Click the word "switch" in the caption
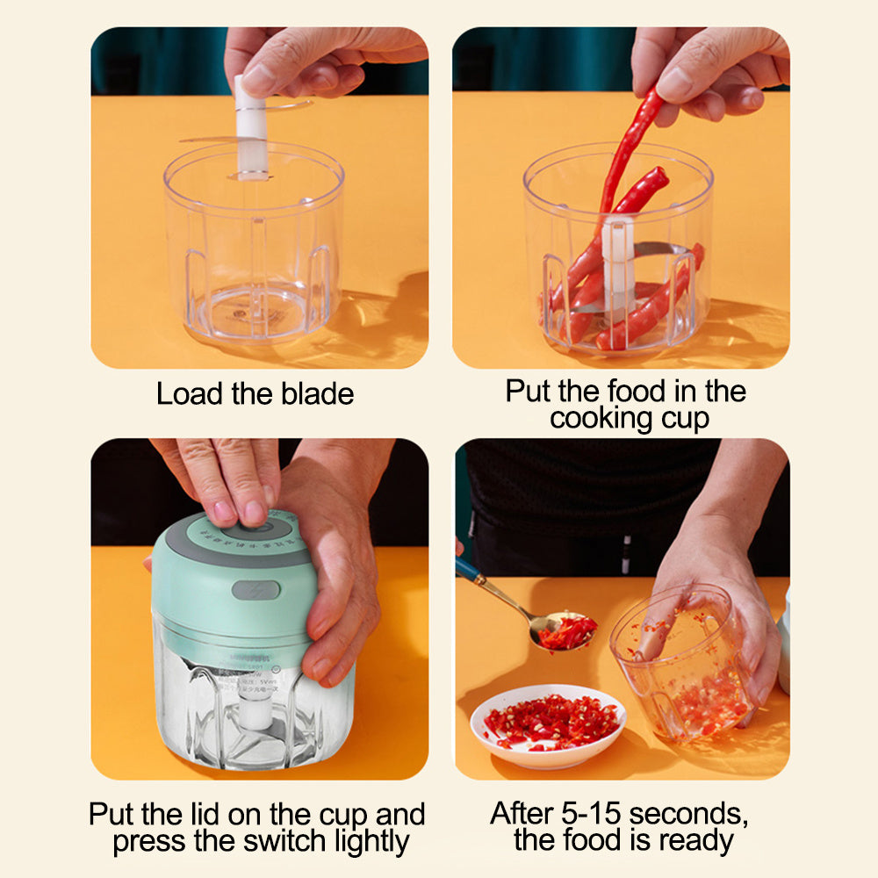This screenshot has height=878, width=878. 280,842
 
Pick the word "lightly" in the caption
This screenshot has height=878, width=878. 366,843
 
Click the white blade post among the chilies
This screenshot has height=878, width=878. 617,263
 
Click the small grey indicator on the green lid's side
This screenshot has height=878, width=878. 255,590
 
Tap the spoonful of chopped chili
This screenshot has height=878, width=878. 565,630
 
